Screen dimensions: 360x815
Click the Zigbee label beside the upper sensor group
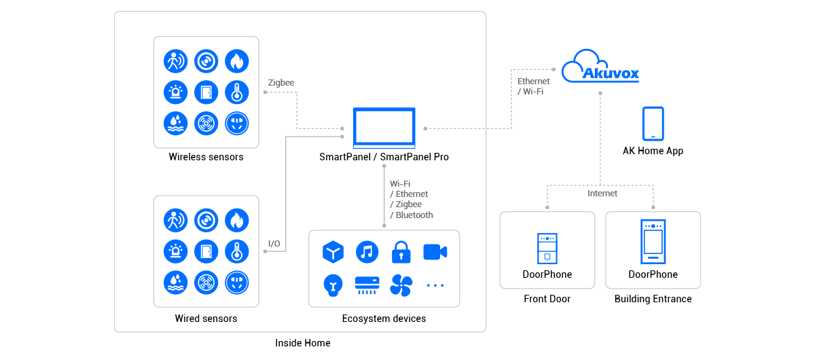(280, 83)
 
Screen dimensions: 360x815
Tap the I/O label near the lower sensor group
(274, 243)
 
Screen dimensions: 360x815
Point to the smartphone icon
(653, 124)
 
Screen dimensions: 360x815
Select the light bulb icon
(333, 285)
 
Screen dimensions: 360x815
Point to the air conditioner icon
(367, 285)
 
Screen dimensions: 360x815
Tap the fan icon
(401, 285)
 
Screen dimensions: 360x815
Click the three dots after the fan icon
(435, 285)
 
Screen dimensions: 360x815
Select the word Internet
(602, 194)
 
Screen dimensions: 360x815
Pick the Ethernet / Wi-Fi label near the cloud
(533, 86)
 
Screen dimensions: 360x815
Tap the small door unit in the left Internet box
(547, 249)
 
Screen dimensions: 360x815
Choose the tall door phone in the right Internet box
(653, 241)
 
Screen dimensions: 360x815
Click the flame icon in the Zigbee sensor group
(236, 61)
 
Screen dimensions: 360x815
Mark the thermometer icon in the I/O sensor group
(236, 251)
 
